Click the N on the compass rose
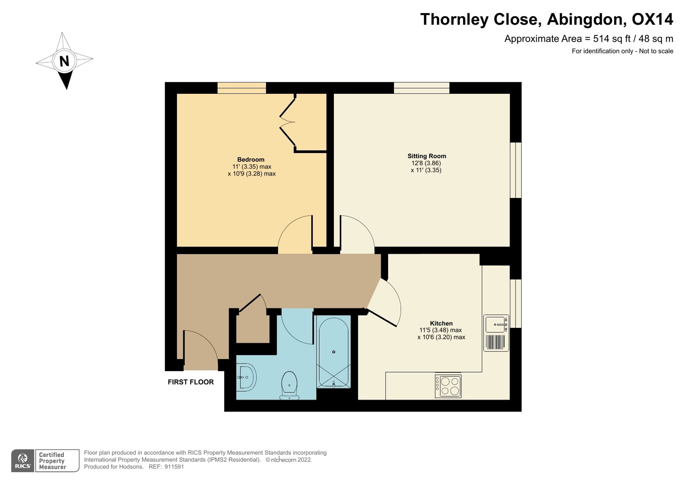coord(64,61)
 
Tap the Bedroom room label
coord(251,160)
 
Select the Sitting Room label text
coord(427,156)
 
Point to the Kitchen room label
coord(441,323)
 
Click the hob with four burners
coord(448,386)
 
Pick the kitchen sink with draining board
coord(496,333)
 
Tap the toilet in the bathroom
coord(289,385)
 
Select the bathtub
coord(334,352)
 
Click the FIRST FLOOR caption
coord(191,382)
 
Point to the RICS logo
coord(23,461)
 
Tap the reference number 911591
coord(174,467)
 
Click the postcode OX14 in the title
coord(652,19)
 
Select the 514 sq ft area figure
coord(612,39)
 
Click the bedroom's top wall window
coord(242,88)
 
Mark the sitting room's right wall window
coord(516,170)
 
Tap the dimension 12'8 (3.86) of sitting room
coord(426,163)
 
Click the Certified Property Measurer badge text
coord(52,461)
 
